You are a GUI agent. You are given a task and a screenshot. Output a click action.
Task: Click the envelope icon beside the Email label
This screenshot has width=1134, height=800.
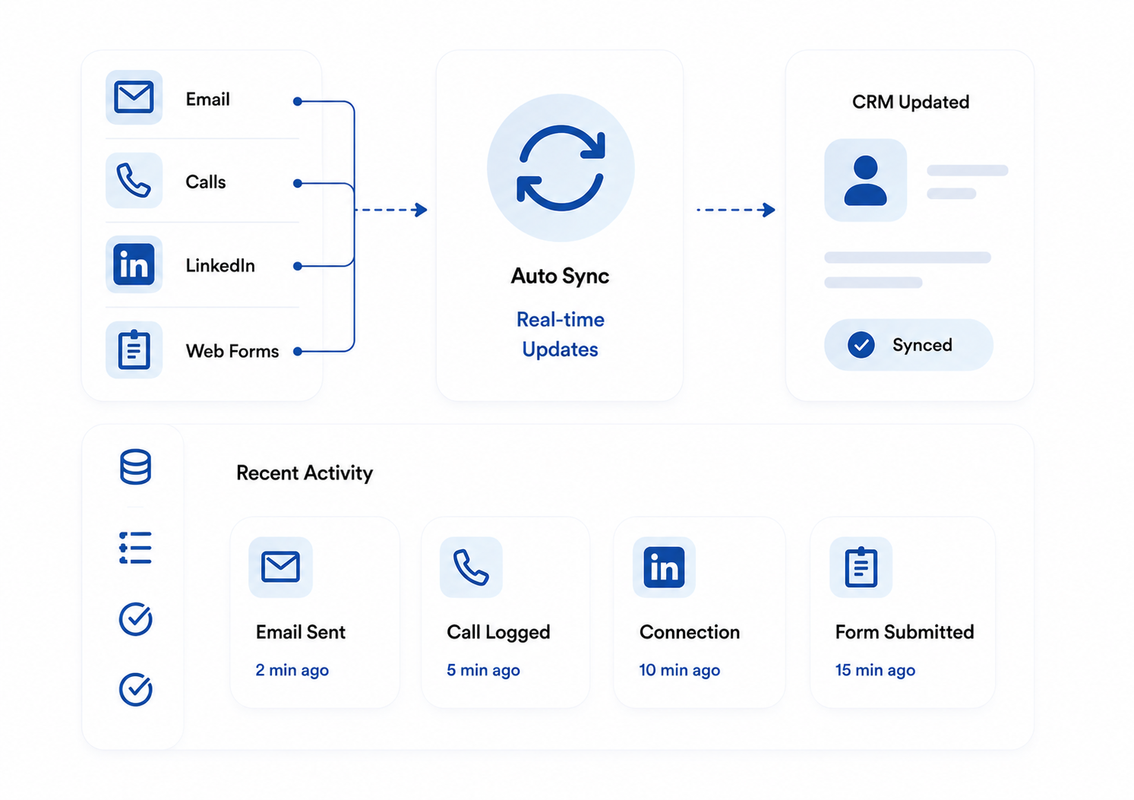pos(134,96)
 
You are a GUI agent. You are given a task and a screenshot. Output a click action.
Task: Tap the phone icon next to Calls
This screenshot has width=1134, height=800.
pos(134,180)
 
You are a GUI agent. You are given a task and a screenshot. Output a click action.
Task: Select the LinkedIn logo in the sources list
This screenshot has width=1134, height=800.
pos(134,264)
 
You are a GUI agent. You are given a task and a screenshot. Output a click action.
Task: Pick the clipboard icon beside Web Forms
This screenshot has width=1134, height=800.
pos(134,349)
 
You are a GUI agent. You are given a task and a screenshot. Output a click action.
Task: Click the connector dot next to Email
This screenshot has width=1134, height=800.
pos(298,101)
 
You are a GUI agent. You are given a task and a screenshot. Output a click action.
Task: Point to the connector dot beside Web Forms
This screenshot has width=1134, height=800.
pos(298,352)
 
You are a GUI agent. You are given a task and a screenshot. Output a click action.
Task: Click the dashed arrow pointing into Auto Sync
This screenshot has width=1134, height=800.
pos(391,210)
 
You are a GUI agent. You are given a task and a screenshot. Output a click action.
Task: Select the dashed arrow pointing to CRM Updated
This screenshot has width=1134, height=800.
pos(735,210)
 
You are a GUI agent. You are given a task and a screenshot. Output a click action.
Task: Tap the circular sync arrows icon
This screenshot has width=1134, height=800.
pos(561,168)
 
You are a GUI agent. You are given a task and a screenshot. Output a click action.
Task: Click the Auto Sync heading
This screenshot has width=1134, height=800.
pos(560,276)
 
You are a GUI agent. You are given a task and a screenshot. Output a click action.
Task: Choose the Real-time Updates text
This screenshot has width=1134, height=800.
pos(560,334)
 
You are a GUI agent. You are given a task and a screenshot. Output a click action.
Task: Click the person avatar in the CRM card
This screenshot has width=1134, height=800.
pos(865,180)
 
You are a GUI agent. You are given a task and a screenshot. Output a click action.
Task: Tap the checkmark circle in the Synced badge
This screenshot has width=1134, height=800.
pos(861,345)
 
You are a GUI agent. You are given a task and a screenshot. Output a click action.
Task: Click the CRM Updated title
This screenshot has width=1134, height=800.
pos(910,102)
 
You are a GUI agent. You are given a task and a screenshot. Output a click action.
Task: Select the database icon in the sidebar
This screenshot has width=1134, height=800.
pos(135,466)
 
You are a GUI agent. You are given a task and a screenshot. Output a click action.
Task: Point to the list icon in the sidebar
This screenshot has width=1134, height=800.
pos(135,547)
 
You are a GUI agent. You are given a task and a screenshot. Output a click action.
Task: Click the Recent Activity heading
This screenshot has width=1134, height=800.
pos(305,473)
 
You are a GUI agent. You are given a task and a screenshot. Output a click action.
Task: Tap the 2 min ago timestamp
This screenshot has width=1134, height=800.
pos(292,670)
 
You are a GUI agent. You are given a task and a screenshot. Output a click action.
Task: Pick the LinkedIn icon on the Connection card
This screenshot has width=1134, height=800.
pos(664,567)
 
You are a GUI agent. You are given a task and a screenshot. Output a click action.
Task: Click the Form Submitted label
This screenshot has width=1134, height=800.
pos(904,632)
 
